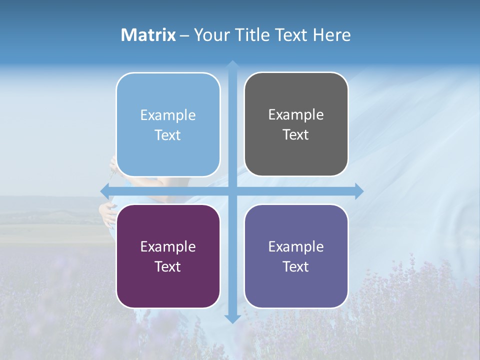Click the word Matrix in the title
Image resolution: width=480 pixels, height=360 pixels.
148,35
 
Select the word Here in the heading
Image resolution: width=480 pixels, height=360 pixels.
331,35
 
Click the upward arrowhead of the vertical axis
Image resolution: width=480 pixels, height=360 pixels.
232,64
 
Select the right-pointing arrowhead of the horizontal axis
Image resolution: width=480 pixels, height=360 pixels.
359,191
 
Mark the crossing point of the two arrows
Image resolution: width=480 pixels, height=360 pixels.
232,191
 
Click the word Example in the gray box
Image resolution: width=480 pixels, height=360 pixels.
296,115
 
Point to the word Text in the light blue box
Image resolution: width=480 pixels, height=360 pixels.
168,135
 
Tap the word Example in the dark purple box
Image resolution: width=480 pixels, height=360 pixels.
168,246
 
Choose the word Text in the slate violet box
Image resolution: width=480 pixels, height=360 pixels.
296,266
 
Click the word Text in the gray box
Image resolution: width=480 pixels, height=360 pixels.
296,135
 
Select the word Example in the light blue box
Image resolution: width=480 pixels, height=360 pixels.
168,115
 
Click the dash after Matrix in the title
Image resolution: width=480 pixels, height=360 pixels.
184,35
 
